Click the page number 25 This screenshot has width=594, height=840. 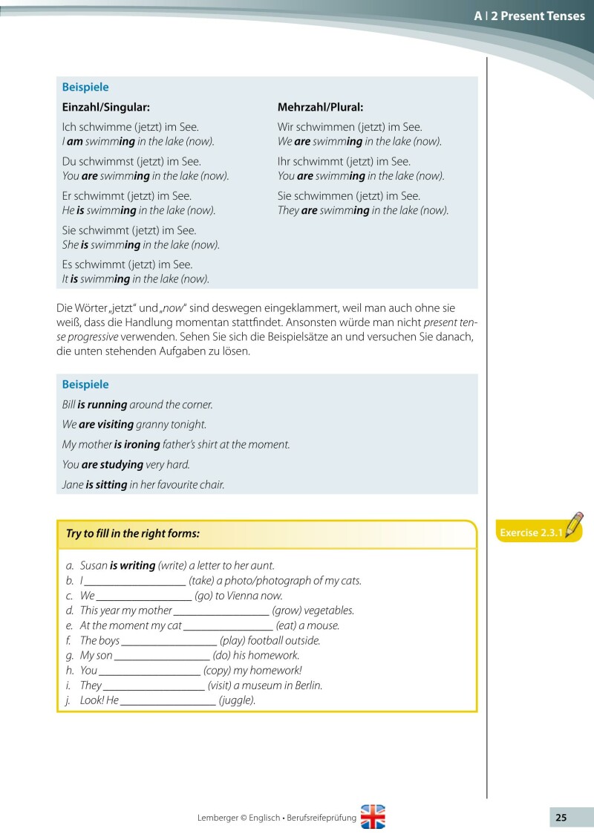pyautogui.click(x=561, y=818)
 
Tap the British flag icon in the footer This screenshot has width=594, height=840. pyautogui.click(x=373, y=817)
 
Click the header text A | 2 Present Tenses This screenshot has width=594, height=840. pyautogui.click(x=529, y=16)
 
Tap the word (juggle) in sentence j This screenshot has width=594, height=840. pyautogui.click(x=238, y=700)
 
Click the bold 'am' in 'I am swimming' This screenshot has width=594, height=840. pyautogui.click(x=74, y=141)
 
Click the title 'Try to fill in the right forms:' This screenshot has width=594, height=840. pyautogui.click(x=133, y=533)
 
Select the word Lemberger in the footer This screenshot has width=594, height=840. pyautogui.click(x=220, y=818)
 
